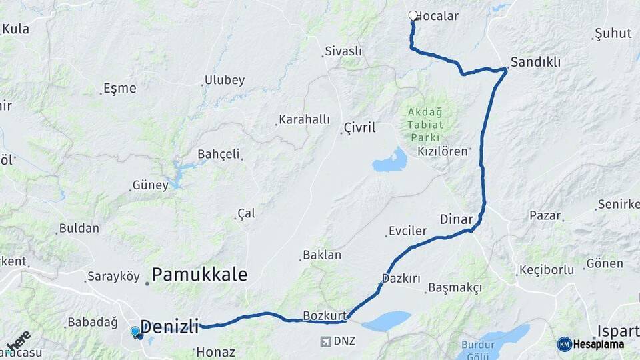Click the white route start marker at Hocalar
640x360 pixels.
tap(413, 15)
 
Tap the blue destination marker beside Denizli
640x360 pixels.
tap(135, 331)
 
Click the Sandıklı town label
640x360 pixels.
tap(535, 62)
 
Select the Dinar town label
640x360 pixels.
tap(456, 219)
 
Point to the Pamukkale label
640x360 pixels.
tap(200, 274)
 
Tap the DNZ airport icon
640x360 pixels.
tap(325, 342)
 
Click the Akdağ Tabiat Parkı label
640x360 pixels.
tap(425, 124)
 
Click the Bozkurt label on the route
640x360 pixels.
tap(325, 315)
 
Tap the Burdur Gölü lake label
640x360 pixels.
tap(478, 350)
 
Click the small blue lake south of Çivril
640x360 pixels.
tap(391, 161)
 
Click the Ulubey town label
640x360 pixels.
tap(225, 80)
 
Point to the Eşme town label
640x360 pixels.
tap(120, 88)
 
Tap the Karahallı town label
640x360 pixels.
tap(305, 119)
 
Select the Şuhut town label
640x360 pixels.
tap(612, 33)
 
